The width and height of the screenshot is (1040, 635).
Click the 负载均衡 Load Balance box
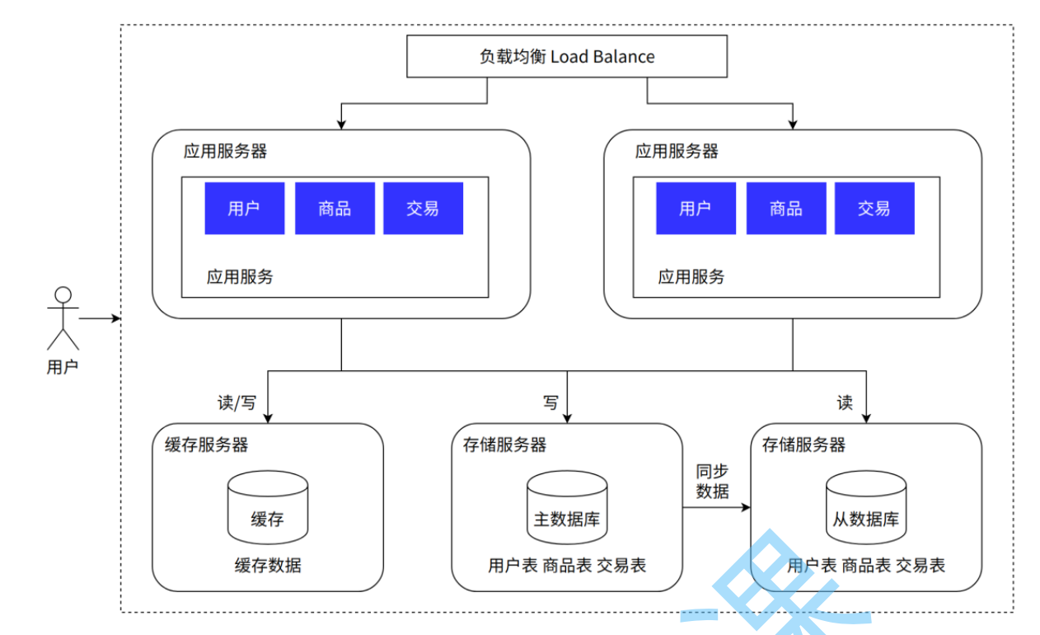tap(568, 56)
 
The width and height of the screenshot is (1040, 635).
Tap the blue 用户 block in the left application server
tap(245, 209)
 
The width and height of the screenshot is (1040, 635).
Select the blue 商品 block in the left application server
tap(335, 209)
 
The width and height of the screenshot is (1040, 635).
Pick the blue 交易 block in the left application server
tap(423, 209)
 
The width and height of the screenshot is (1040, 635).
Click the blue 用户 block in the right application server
tap(696, 209)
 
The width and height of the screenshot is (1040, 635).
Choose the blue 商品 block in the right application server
tap(785, 209)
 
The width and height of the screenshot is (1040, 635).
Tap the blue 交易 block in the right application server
tap(874, 209)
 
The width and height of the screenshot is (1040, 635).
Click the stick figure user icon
tap(63, 318)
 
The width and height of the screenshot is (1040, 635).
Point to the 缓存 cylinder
tap(267, 507)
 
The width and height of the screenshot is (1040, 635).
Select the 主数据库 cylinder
tap(567, 507)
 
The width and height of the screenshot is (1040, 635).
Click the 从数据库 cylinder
tap(865, 507)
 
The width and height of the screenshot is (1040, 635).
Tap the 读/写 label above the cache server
tap(237, 403)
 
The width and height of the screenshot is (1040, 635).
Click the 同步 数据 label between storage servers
tap(713, 481)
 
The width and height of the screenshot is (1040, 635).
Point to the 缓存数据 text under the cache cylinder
tap(267, 566)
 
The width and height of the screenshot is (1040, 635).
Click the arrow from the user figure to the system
tap(100, 318)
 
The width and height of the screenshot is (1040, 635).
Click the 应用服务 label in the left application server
tap(240, 277)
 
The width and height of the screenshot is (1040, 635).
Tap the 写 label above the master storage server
tap(550, 403)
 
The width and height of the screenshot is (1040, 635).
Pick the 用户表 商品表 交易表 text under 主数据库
tap(567, 566)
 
